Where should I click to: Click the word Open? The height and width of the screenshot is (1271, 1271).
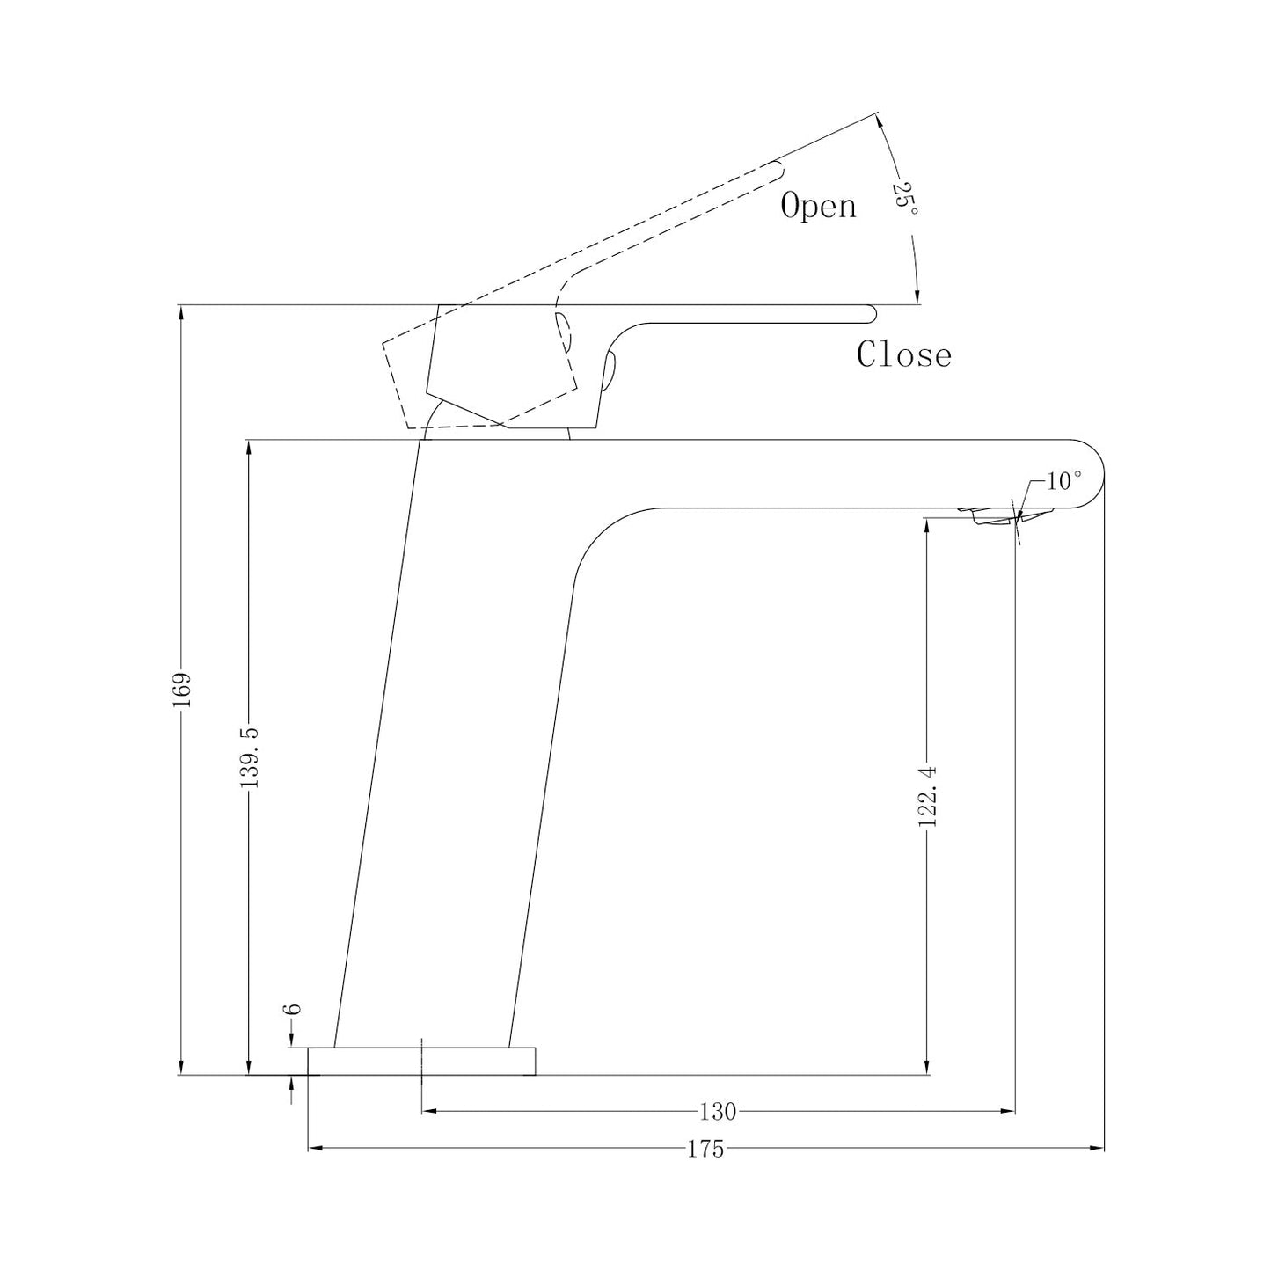coord(819,206)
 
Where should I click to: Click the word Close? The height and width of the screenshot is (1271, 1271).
coord(903,354)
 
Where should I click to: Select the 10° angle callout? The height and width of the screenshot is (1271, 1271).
coord(1064,481)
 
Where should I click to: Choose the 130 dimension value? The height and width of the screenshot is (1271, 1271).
coord(718,1112)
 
